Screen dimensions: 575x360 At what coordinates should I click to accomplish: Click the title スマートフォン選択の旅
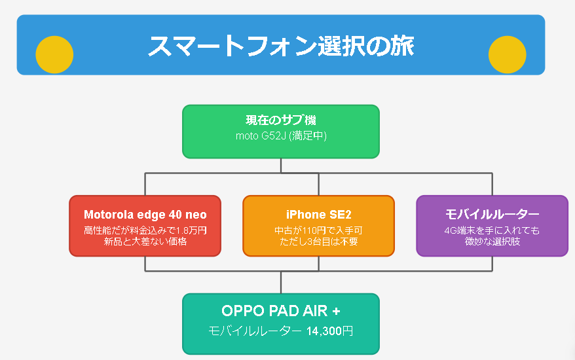[x=281, y=46]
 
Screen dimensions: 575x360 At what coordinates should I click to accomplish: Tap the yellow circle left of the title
[x=54, y=54]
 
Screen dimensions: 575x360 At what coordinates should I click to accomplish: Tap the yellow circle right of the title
[x=507, y=54]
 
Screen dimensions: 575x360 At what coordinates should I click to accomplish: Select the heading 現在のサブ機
[x=281, y=120]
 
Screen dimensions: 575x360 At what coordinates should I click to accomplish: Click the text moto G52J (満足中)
[x=281, y=135]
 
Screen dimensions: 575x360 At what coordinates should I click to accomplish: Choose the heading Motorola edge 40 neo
[x=145, y=215]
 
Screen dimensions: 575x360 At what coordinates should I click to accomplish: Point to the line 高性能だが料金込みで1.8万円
[x=145, y=230]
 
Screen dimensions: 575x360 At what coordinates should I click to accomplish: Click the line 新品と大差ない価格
[x=145, y=242]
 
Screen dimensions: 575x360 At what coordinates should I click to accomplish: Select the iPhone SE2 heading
[x=319, y=215]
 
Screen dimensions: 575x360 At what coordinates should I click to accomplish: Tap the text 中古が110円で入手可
[x=319, y=230]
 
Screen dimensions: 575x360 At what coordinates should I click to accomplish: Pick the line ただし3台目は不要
[x=319, y=242]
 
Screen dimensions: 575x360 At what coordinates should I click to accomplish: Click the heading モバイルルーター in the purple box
[x=492, y=214]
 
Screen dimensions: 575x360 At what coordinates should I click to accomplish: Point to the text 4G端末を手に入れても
[x=492, y=230]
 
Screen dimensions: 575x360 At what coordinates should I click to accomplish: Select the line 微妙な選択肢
[x=492, y=242]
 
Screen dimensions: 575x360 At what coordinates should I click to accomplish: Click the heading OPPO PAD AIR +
[x=281, y=311]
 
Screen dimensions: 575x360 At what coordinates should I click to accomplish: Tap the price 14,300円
[x=329, y=331]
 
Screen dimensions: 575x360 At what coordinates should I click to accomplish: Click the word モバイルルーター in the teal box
[x=255, y=331]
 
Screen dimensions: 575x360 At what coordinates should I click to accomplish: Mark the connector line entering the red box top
[x=145, y=184]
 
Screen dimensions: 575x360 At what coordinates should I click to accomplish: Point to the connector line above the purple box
[x=492, y=184]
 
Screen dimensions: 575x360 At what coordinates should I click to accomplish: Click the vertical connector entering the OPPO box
[x=281, y=282]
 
